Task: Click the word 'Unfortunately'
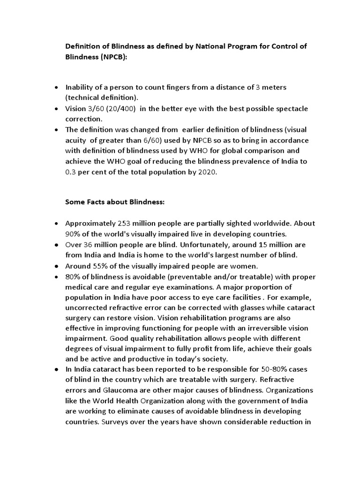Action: tap(219, 244)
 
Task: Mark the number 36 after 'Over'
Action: tap(89, 244)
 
